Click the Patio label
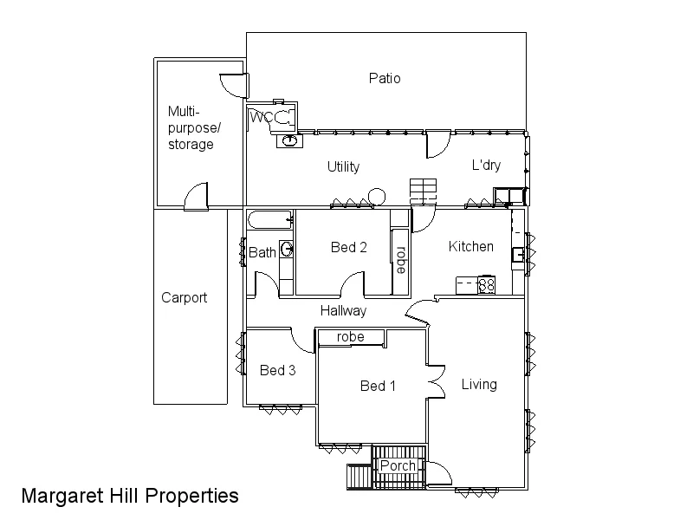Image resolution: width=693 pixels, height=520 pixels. tap(385, 78)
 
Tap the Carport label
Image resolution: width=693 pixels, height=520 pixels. tap(185, 297)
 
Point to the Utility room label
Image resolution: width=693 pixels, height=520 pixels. tap(343, 166)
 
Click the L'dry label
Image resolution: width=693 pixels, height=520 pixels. tap(486, 166)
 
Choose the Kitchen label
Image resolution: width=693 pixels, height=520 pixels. tap(470, 246)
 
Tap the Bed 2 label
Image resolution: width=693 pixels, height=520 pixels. tap(349, 247)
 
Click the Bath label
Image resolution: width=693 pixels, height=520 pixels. tap(262, 252)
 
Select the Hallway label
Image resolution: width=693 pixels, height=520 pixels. tap(343, 310)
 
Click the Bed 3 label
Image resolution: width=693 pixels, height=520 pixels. tap(278, 370)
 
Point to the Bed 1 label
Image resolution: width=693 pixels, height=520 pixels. tap(378, 386)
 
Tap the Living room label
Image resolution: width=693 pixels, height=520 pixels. tap(479, 384)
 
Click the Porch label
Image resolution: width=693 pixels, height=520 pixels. tap(398, 465)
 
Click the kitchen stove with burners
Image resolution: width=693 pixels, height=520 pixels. tap(486, 283)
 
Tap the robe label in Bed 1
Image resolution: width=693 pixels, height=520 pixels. tap(350, 336)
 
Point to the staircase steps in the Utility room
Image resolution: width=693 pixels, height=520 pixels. tap(424, 189)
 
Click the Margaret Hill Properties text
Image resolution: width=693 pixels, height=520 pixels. tap(130, 496)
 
